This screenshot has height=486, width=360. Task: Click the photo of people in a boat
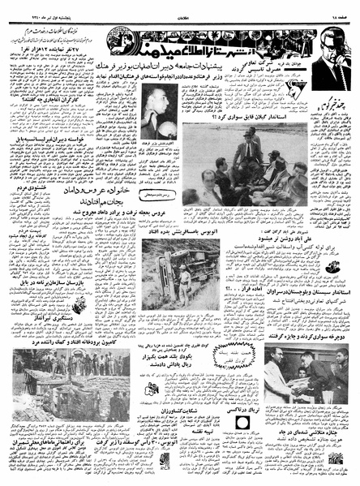tap(242, 167)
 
